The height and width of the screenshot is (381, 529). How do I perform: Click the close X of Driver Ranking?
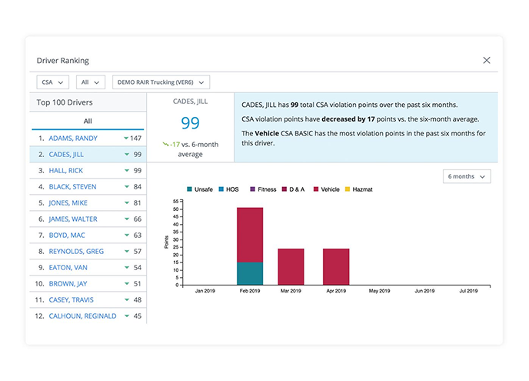click(x=487, y=60)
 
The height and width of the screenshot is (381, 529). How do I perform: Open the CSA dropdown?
click(x=52, y=82)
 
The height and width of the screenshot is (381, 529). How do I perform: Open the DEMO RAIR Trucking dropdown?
click(x=161, y=82)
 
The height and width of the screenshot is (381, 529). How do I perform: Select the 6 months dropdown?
click(x=467, y=176)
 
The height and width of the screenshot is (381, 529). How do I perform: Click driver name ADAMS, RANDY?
click(x=73, y=138)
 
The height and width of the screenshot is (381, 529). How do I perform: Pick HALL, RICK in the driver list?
click(x=66, y=171)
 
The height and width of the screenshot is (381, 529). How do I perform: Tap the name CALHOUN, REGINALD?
click(x=83, y=316)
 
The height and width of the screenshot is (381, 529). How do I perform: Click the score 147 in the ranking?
click(x=135, y=138)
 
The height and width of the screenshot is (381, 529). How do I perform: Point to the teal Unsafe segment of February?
click(x=250, y=273)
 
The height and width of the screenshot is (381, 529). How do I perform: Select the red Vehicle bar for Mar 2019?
click(x=291, y=267)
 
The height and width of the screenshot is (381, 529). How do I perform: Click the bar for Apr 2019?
click(x=336, y=267)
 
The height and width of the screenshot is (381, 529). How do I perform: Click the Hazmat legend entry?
click(x=358, y=189)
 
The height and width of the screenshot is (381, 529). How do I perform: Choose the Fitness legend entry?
click(x=263, y=189)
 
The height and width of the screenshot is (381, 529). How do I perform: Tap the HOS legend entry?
click(x=228, y=189)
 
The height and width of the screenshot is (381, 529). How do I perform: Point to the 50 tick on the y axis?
click(x=176, y=209)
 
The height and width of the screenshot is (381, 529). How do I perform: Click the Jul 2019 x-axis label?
click(x=468, y=291)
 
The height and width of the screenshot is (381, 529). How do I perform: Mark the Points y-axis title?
click(x=166, y=242)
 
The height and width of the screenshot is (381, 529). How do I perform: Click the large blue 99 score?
click(x=190, y=123)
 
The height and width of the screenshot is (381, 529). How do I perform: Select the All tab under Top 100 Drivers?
click(x=88, y=121)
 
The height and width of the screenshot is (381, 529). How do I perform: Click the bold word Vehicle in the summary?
click(x=267, y=133)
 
